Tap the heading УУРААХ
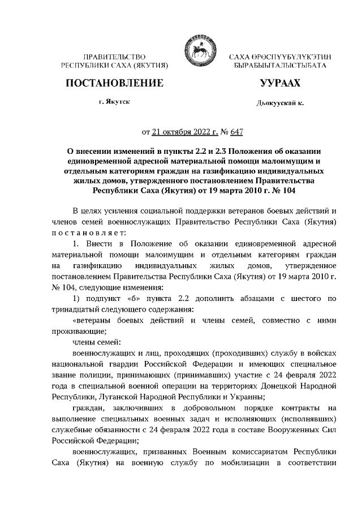pyautogui.click(x=279, y=84)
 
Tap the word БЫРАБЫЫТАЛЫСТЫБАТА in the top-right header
pyautogui.click(x=279, y=66)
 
